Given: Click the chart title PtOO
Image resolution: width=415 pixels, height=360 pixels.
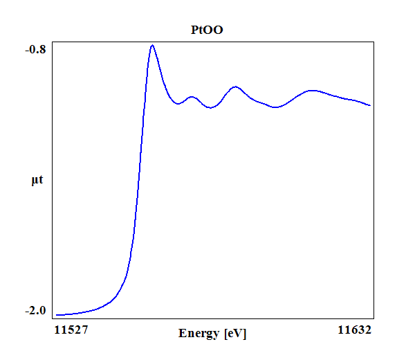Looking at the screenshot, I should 207,30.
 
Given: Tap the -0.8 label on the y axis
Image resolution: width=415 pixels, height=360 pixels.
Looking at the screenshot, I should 36,49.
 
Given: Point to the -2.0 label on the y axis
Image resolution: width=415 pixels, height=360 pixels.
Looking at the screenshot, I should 36,311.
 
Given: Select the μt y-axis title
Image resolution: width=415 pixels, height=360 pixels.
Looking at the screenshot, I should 37,181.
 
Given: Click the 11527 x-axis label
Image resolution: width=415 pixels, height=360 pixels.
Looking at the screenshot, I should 71,330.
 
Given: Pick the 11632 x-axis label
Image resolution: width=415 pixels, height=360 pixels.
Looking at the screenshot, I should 355,330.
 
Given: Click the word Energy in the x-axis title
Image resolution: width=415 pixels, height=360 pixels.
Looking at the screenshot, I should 200,334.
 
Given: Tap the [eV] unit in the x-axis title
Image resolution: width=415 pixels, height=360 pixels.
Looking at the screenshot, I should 235,334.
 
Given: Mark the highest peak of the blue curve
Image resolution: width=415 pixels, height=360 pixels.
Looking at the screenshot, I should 152,45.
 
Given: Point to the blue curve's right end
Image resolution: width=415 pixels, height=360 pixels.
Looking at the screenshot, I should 371,106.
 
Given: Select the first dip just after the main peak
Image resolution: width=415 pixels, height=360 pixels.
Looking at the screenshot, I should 178,104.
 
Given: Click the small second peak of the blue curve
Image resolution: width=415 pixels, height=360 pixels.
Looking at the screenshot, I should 192,97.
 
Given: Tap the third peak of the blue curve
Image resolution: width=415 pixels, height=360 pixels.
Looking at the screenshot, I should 236,87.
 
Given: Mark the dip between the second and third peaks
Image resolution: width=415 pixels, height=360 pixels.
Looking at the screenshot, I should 211,108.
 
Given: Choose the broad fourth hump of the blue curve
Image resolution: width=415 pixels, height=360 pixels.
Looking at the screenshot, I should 313,90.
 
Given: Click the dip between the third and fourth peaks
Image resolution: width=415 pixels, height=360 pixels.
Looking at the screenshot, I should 276,107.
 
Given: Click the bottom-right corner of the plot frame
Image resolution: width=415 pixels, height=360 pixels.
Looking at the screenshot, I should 374,318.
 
